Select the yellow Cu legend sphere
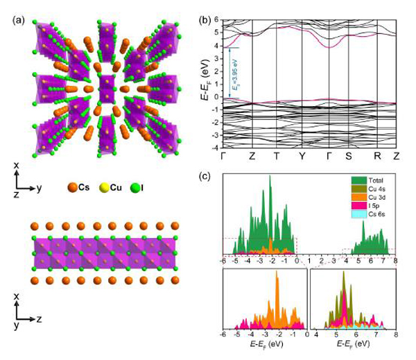coord(110,187)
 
